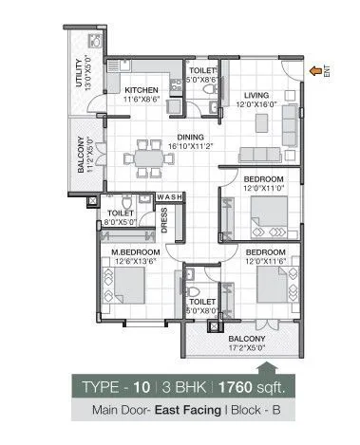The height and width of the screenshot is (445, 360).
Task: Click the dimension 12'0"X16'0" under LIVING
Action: click(256, 104)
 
